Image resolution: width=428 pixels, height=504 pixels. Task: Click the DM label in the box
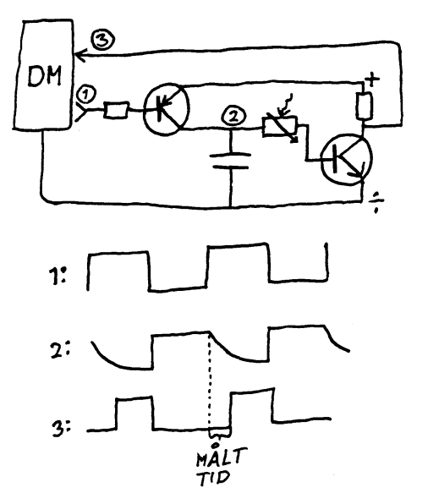pyautogui.click(x=44, y=76)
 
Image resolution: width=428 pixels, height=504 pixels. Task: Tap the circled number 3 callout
pyautogui.click(x=102, y=40)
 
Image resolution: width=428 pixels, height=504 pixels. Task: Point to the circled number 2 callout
pyautogui.click(x=233, y=117)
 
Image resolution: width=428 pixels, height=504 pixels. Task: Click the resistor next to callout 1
pyautogui.click(x=116, y=110)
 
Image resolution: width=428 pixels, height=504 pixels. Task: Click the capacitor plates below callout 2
pyautogui.click(x=230, y=162)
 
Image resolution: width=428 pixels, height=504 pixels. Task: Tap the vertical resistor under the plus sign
pyautogui.click(x=365, y=106)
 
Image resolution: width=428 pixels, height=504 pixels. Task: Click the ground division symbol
pyautogui.click(x=376, y=202)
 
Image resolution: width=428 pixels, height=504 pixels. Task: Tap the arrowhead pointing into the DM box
pyautogui.click(x=80, y=55)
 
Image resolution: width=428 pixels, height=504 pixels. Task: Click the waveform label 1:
pyautogui.click(x=58, y=275)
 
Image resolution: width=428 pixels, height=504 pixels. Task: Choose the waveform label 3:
pyautogui.click(x=61, y=428)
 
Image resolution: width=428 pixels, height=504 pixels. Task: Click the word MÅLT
pyautogui.click(x=221, y=455)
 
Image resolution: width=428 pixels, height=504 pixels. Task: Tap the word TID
pyautogui.click(x=214, y=478)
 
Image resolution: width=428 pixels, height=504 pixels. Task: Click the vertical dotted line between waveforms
pyautogui.click(x=210, y=381)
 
